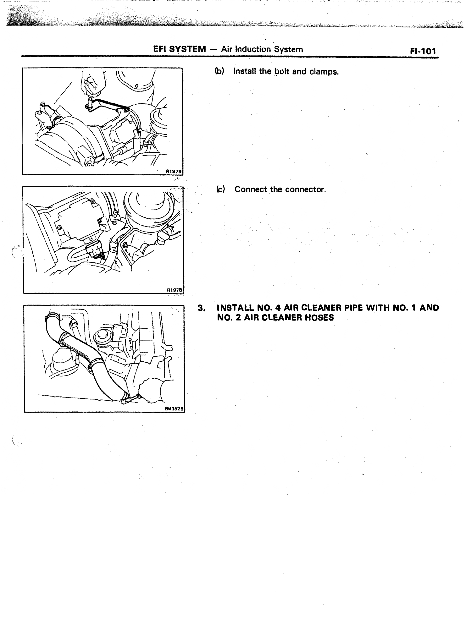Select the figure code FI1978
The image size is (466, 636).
click(x=174, y=290)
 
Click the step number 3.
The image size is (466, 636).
click(x=201, y=308)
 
